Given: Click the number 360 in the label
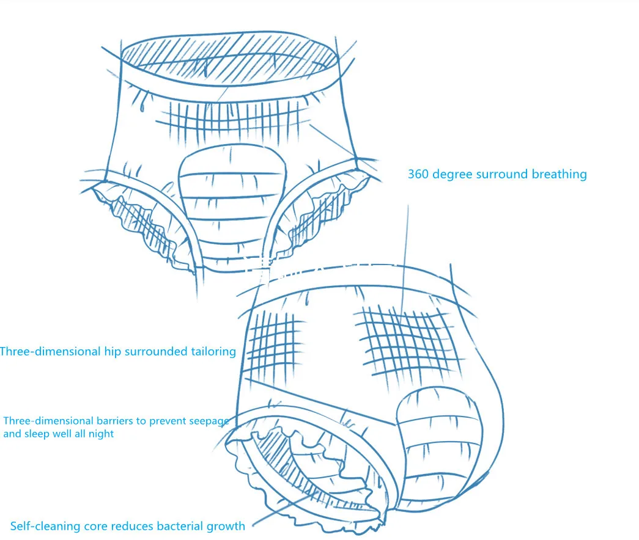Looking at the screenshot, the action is [419, 174].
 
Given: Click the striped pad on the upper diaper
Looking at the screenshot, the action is [232, 202].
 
